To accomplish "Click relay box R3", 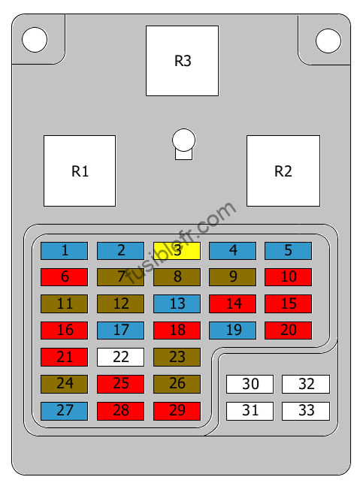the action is tap(182, 61).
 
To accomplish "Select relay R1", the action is tap(80, 171).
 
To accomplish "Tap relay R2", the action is tap(283, 171).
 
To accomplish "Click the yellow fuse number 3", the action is tap(177, 250).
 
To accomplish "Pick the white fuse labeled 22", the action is tap(120, 357).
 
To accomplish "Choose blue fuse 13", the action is tap(177, 303).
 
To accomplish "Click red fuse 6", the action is tap(64, 277).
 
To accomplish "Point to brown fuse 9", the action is tap(232, 277).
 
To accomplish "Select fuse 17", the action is tap(120, 331).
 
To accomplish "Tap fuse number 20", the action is tap(288, 331).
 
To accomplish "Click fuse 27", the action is tap(64, 411).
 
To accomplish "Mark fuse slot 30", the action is tap(250, 384).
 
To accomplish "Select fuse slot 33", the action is tap(306, 411).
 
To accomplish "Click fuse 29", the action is tap(177, 411).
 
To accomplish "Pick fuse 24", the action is tap(64, 384).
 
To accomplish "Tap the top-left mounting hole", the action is tap(35, 40).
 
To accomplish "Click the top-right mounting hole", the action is tap(328, 41).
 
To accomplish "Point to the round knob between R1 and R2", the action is tap(183, 140).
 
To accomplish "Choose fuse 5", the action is tap(288, 250).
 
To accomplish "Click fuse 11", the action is tap(64, 303).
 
